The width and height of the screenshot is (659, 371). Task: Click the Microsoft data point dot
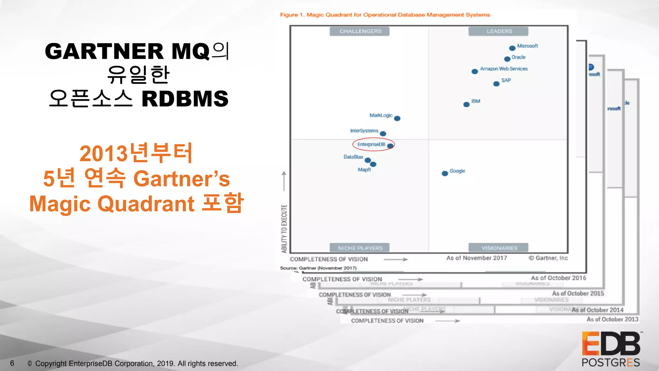pyautogui.click(x=512, y=48)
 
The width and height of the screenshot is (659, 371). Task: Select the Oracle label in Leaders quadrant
pyautogui.click(x=518, y=57)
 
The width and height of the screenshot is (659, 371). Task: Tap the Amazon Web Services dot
pyautogui.click(x=475, y=71)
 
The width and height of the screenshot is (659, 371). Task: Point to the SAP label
pyautogui.click(x=506, y=80)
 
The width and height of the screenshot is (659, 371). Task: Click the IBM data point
pyautogui.click(x=466, y=104)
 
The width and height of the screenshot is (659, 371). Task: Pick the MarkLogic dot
pyautogui.click(x=397, y=119)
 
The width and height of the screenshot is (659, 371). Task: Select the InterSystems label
pyautogui.click(x=364, y=131)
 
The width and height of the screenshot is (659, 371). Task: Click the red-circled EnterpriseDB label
pyautogui.click(x=371, y=144)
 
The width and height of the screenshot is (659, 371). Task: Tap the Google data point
pyautogui.click(x=445, y=174)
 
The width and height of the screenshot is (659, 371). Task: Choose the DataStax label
pyautogui.click(x=353, y=157)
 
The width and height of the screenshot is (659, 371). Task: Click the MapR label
pyautogui.click(x=364, y=170)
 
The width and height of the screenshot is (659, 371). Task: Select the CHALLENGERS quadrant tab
pyautogui.click(x=360, y=31)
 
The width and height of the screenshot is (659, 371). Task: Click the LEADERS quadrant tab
pyautogui.click(x=499, y=31)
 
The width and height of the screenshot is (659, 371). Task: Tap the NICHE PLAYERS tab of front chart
pyautogui.click(x=360, y=248)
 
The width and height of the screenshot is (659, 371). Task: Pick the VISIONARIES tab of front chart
pyautogui.click(x=499, y=248)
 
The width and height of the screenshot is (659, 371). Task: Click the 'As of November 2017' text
pyautogui.click(x=476, y=258)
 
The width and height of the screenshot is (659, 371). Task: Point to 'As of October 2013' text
pyautogui.click(x=612, y=319)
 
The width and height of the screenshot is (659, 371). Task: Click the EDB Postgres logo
pyautogui.click(x=611, y=349)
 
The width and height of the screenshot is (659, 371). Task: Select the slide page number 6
pyautogui.click(x=12, y=363)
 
